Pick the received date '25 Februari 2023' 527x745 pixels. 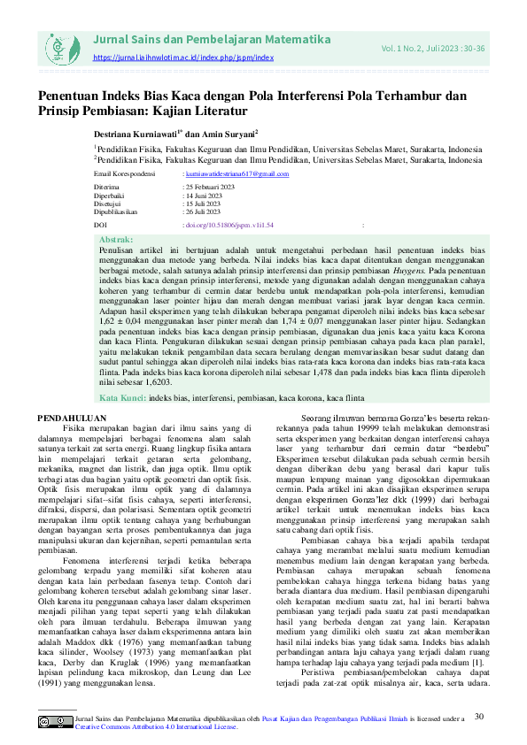[209, 188]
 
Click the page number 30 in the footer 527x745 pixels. [479, 715]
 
